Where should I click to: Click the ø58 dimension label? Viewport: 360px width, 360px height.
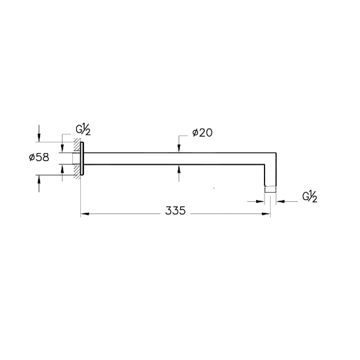pyautogui.click(x=39, y=157)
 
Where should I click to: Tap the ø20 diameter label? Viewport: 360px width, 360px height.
pyautogui.click(x=202, y=133)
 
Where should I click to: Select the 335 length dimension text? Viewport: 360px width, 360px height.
pyautogui.click(x=175, y=210)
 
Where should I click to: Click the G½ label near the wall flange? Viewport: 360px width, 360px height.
pyautogui.click(x=83, y=130)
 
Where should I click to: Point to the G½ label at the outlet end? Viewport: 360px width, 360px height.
pyautogui.click(x=310, y=197)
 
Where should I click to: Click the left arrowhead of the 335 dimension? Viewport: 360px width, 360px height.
pyautogui.click(x=85, y=214)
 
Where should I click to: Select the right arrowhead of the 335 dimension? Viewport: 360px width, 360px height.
pyautogui.click(x=266, y=214)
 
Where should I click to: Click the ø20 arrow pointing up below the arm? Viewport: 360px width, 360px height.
pyautogui.click(x=179, y=173)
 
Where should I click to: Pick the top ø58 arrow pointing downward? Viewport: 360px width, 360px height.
pyautogui.click(x=39, y=134)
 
